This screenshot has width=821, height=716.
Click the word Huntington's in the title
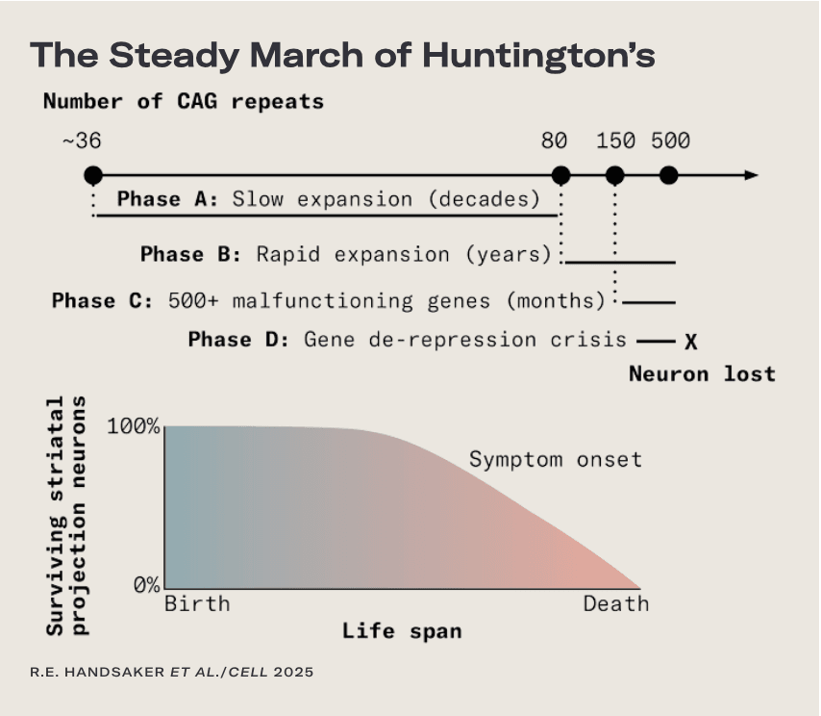pos(538,55)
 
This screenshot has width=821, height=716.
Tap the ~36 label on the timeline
pos(82,141)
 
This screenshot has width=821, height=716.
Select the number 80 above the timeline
pos(554,141)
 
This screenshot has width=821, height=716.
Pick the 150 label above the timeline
pos(615,141)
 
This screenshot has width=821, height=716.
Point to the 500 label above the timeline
pos(671,141)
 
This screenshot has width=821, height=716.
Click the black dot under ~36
pos(93,175)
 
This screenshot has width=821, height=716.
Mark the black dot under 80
pos(560,175)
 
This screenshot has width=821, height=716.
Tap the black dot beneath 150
pos(614,175)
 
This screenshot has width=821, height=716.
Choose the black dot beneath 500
pos(669,175)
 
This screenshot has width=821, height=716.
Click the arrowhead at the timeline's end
pos(752,175)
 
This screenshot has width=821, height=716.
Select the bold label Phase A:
pos(167,199)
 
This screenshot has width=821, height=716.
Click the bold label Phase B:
pos(191,254)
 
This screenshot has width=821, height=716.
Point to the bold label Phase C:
pos(103,301)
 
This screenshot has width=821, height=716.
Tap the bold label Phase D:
pos(238,340)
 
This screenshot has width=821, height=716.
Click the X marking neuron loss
pos(690,342)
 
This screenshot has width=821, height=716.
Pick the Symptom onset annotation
pos(556,460)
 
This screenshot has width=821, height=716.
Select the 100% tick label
pos(134,426)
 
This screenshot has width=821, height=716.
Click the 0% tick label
pos(146,584)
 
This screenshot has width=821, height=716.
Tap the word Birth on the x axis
pos(197,603)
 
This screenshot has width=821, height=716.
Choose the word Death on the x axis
pos(616,603)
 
